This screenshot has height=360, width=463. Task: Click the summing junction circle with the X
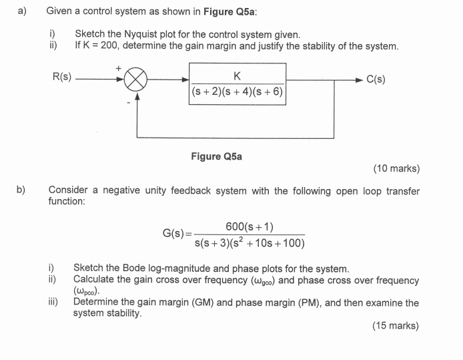point(136,79)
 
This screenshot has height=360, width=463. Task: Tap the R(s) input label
point(63,78)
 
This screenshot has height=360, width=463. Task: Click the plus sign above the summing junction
point(119,67)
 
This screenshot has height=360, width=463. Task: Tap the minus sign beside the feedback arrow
point(128,102)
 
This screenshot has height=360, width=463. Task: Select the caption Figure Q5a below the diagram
point(216,156)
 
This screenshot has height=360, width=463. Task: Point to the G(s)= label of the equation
point(177,234)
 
